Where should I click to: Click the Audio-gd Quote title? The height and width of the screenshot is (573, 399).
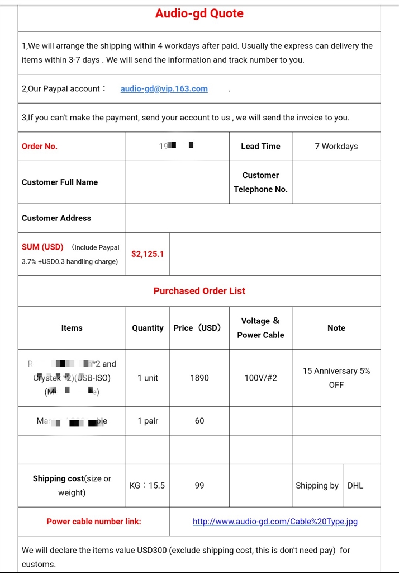click(199, 13)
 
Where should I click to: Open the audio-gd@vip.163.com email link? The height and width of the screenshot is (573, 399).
click(164, 88)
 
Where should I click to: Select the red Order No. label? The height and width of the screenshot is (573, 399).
click(40, 146)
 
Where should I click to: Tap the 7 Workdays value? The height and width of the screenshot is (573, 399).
click(336, 146)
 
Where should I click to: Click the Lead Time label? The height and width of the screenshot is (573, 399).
click(260, 146)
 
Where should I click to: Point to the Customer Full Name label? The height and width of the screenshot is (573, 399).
click(60, 182)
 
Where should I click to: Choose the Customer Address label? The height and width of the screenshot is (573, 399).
click(56, 218)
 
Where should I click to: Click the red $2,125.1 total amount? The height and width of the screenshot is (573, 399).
click(148, 253)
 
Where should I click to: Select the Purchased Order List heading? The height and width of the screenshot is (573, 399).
click(199, 290)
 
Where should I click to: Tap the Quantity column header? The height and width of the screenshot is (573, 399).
click(148, 328)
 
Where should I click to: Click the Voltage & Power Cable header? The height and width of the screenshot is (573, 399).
click(260, 328)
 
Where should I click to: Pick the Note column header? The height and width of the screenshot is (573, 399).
click(336, 328)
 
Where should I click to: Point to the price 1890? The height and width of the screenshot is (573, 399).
click(199, 378)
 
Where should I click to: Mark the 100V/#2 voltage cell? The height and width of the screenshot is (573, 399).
click(260, 378)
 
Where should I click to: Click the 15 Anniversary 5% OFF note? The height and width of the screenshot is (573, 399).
click(336, 378)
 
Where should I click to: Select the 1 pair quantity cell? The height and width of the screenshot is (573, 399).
click(148, 421)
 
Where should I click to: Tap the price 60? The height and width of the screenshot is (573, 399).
click(199, 421)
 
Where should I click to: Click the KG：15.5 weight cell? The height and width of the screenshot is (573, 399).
click(148, 485)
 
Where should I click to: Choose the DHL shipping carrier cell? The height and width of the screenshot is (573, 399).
click(355, 485)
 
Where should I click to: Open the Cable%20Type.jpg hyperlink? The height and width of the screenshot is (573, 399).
click(275, 521)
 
